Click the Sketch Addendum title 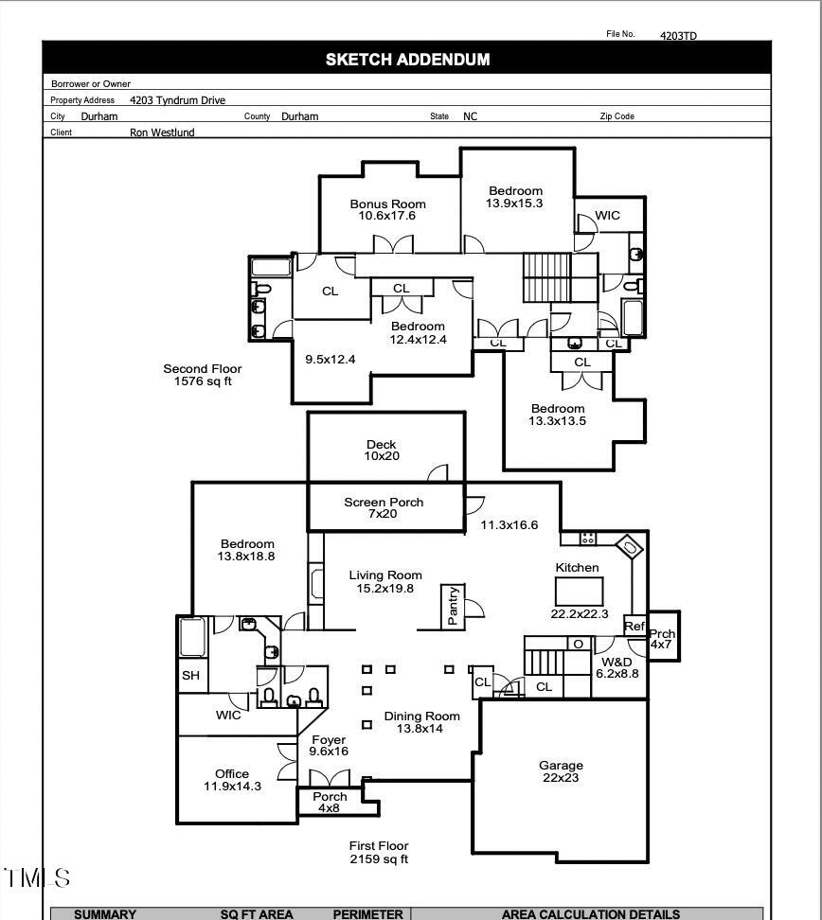407,60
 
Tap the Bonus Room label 387,209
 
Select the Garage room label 561,771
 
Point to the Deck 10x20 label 381,450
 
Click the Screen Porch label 384,507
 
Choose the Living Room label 385,581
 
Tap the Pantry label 453,606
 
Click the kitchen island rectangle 578,592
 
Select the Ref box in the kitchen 634,627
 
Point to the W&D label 617,667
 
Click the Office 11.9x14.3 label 232,779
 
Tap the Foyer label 329,745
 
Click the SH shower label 190,676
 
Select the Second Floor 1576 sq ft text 203,375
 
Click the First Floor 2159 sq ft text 379,852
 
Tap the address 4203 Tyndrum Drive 177,100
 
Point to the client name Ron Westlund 162,133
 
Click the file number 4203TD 678,36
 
